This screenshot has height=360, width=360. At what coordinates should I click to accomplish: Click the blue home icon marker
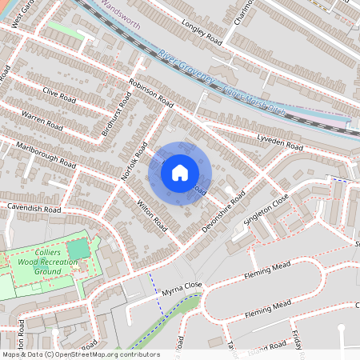180,172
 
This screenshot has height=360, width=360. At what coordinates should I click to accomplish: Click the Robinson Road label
150,94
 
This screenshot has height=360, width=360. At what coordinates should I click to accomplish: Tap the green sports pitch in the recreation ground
78,250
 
